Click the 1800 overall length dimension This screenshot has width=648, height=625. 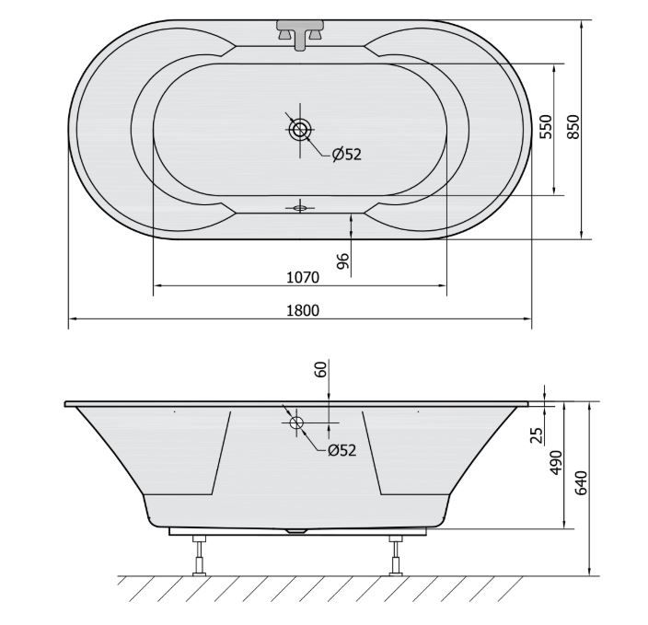303,310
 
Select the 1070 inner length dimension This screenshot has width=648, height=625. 303,277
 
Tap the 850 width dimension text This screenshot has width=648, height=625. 573,127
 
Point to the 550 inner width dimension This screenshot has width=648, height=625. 546,127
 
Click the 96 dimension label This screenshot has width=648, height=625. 343,260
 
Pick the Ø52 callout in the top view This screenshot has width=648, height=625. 347,155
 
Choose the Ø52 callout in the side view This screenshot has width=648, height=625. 341,450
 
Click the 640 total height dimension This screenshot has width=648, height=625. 581,483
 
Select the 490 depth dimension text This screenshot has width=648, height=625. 557,463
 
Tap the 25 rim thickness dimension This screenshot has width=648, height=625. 536,435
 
